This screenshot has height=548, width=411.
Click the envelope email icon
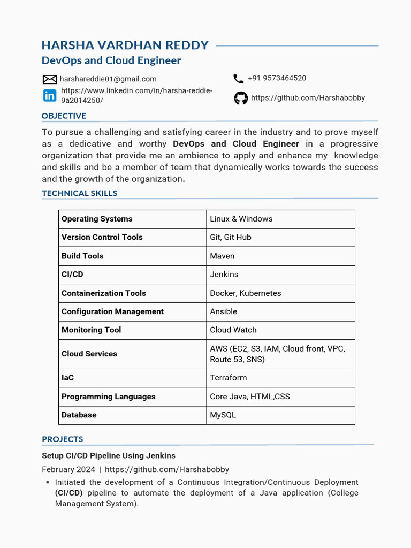(x=49, y=79)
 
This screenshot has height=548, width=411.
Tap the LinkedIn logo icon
(x=49, y=95)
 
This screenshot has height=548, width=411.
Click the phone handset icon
(x=239, y=79)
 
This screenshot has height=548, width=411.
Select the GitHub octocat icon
(x=241, y=98)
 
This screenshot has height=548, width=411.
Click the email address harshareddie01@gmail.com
(x=108, y=79)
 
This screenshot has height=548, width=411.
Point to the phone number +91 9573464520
(x=277, y=78)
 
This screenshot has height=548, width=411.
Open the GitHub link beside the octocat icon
(x=308, y=98)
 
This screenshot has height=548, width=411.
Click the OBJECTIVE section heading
(x=64, y=116)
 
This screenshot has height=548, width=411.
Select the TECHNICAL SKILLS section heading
(x=79, y=193)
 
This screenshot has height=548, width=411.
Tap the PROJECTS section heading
(x=63, y=439)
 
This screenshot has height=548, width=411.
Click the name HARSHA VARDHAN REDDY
(x=125, y=45)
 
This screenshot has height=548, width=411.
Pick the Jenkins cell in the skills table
(x=224, y=275)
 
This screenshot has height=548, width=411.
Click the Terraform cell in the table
(x=229, y=378)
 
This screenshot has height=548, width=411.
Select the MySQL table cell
(x=223, y=415)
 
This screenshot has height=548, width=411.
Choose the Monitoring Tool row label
(x=92, y=330)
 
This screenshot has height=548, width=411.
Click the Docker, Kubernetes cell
(x=245, y=293)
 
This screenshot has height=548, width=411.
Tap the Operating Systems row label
(x=97, y=219)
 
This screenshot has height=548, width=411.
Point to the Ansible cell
(x=223, y=311)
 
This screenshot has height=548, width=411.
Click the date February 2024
(x=68, y=469)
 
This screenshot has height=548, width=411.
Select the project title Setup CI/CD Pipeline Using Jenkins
(x=109, y=456)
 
